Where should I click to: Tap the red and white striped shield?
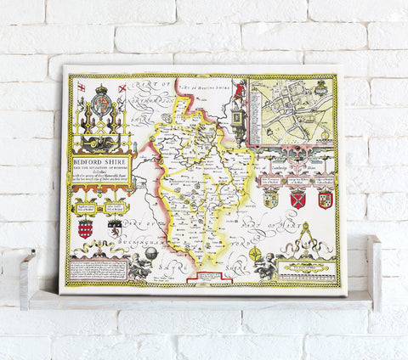click(85, 229)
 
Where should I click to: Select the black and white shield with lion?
click(113, 229)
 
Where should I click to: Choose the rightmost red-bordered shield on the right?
click(325, 200)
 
